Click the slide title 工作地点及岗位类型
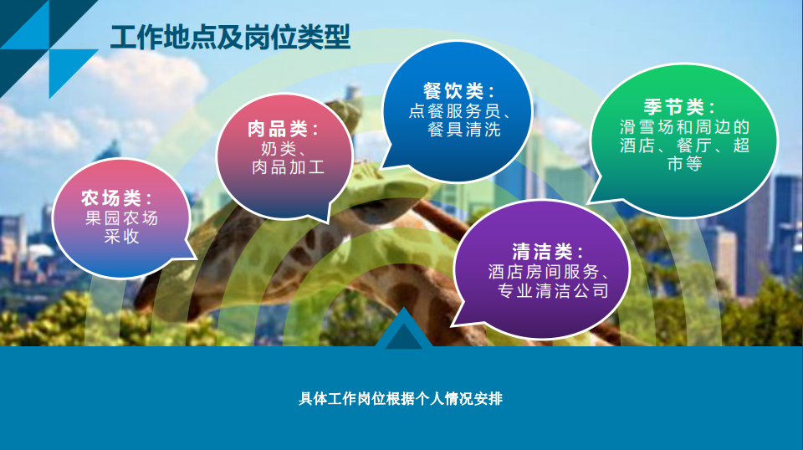pyautogui.click(x=231, y=37)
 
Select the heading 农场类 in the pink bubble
pyautogui.click(x=111, y=197)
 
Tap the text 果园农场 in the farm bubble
pyautogui.click(x=121, y=218)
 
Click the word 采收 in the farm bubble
pyautogui.click(x=122, y=236)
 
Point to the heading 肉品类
pyautogui.click(x=277, y=129)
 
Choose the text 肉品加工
pyautogui.click(x=289, y=167)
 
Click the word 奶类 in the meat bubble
pyautogui.click(x=279, y=148)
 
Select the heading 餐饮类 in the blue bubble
pyautogui.click(x=453, y=91)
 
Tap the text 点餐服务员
pyautogui.click(x=454, y=110)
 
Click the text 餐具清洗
pyautogui.click(x=464, y=129)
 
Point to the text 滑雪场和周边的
pyautogui.click(x=685, y=126)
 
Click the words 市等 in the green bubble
pyautogui.click(x=685, y=163)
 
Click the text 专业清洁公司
pyautogui.click(x=553, y=290)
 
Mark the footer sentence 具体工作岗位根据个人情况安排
pyautogui.click(x=401, y=398)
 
